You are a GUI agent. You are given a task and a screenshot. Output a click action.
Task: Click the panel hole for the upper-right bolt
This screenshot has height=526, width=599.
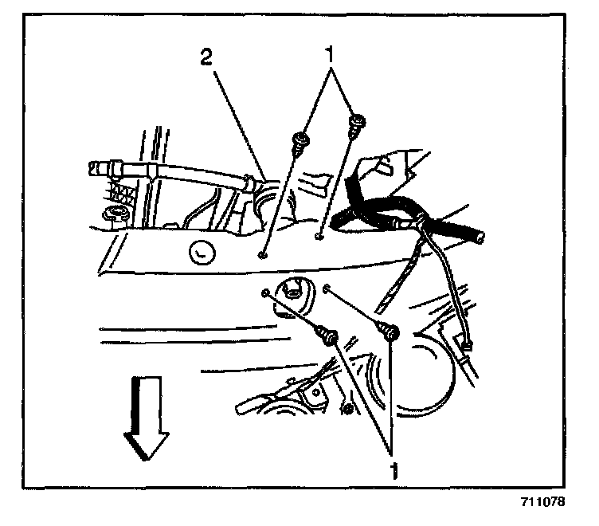click(x=318, y=236)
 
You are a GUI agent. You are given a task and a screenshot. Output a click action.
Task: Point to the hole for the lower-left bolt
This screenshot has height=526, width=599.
click(x=264, y=293)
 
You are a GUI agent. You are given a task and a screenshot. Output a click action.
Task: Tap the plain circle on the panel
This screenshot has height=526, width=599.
click(x=201, y=253)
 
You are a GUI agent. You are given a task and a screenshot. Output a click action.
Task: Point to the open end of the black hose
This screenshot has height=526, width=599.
click(x=478, y=237)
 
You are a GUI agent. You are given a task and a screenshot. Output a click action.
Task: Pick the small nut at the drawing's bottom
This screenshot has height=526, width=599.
click(x=348, y=410)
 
